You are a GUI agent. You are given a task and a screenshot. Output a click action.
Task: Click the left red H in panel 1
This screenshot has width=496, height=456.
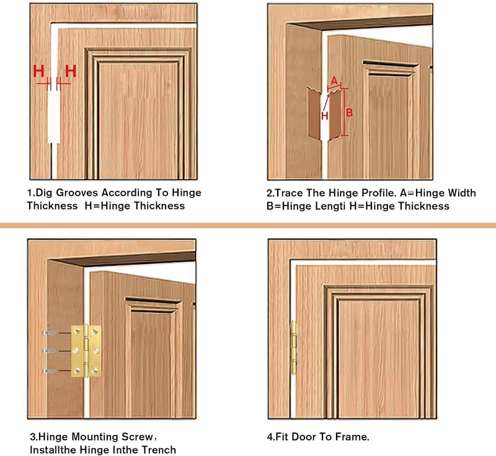38,71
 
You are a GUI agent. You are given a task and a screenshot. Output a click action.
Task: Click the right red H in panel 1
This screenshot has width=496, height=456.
71,71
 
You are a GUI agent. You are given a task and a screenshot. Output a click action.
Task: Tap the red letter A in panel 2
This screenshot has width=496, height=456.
334,81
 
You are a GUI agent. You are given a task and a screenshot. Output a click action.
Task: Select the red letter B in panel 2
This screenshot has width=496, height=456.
349,113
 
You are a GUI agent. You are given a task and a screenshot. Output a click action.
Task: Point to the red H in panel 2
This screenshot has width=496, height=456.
324,116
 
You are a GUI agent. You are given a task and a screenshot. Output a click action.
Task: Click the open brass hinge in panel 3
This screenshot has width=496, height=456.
86,351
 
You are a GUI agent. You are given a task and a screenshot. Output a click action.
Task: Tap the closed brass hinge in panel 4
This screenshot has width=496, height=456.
293,348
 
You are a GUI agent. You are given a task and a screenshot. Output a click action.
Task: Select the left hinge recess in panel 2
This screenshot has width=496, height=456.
315,113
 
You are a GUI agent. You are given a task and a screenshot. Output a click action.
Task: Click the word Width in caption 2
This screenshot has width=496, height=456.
461,193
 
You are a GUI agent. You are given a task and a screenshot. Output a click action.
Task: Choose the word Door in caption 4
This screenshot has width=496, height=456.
304,437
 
